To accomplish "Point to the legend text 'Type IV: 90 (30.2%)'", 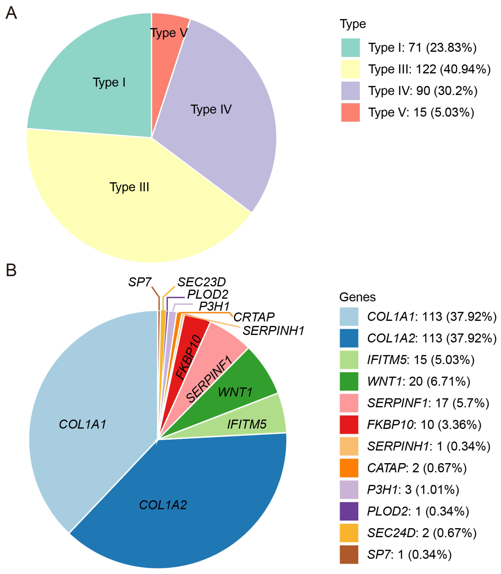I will click(x=423, y=91).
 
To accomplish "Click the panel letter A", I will click(x=11, y=13).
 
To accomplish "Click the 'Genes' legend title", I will click(x=357, y=297).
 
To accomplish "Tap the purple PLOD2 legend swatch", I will click(x=349, y=511).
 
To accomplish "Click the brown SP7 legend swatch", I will click(x=349, y=554).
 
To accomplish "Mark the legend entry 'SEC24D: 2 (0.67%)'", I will click(x=422, y=533).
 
